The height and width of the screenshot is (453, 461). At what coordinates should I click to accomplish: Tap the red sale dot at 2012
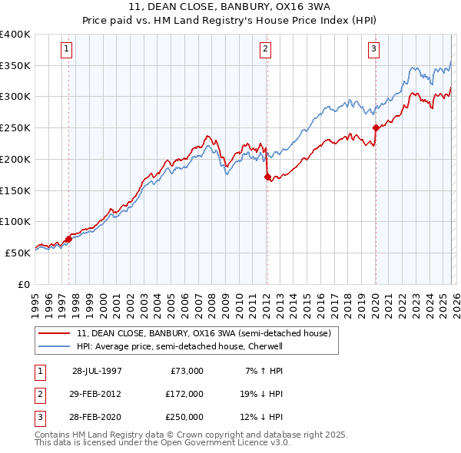[267, 177]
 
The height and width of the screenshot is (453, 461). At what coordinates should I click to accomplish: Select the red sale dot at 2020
[376, 128]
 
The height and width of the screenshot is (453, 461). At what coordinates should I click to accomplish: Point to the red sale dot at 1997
[69, 239]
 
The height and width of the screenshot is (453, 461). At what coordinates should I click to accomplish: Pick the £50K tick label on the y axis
[18, 252]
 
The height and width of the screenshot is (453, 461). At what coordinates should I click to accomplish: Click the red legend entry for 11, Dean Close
[204, 333]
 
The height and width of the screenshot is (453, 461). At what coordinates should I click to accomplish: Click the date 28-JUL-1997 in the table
[97, 371]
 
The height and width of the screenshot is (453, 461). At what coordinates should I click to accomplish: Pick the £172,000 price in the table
[184, 394]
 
